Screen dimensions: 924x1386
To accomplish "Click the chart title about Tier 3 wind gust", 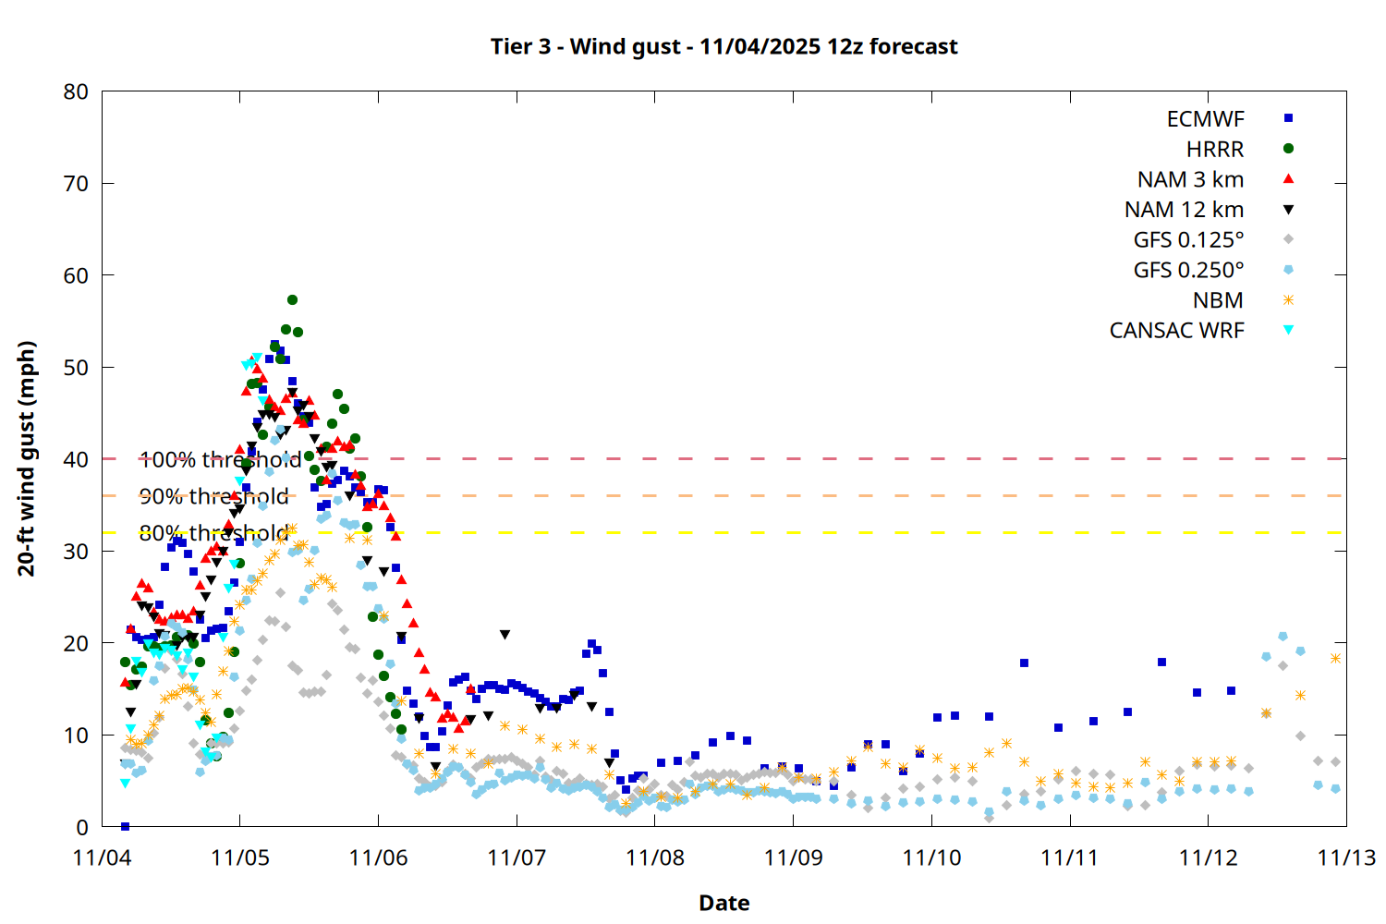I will [723, 46].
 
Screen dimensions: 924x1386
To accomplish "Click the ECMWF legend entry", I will [1205, 119].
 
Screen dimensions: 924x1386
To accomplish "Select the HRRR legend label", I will [1215, 150].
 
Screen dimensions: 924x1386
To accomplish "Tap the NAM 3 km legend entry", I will [1190, 179].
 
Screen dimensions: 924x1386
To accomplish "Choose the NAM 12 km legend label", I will [1184, 210].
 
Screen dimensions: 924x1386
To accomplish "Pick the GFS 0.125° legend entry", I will [1188, 240].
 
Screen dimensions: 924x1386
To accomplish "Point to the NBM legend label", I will [1218, 300].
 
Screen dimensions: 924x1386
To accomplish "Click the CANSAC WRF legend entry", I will [1176, 331].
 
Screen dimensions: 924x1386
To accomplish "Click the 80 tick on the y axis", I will [76, 91].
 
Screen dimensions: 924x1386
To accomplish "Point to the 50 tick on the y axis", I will [76, 367].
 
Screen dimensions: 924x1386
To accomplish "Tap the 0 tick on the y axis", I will [82, 827].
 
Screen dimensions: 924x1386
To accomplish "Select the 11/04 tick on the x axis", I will [102, 857].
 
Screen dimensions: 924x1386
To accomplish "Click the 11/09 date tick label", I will [793, 857].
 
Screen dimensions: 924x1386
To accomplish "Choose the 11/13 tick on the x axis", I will [1345, 857].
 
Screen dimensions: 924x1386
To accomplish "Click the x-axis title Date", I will [723, 903].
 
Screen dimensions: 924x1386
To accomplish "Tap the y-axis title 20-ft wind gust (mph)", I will [27, 458].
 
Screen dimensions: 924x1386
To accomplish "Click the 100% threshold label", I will [220, 459].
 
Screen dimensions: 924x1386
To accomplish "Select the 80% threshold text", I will [213, 533].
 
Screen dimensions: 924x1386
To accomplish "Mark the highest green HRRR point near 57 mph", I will [292, 299].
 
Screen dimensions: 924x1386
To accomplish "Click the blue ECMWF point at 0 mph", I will [125, 826].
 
